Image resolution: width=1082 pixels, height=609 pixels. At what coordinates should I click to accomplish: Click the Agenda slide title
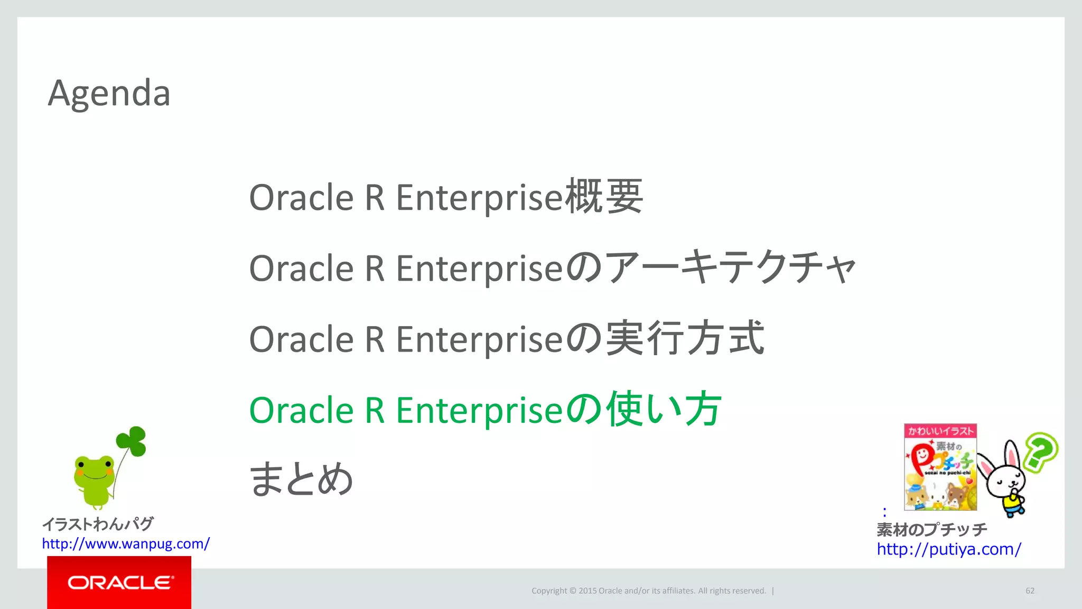[109, 93]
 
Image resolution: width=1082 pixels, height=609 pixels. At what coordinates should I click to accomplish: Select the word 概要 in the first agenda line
[604, 197]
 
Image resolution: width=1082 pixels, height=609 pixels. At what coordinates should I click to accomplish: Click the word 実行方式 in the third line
[685, 338]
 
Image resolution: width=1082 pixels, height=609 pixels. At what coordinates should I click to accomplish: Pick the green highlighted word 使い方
[664, 409]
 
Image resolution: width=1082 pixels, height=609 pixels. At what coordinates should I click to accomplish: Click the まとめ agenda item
[301, 479]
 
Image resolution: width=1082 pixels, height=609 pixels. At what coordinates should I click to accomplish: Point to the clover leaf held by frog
[132, 441]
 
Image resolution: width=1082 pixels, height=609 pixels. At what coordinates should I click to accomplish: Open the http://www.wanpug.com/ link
[126, 543]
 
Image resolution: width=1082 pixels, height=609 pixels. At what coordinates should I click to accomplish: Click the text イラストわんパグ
[98, 524]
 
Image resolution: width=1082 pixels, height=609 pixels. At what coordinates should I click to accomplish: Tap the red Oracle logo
[119, 582]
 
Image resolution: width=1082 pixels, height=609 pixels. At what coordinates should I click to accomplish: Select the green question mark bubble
[1041, 451]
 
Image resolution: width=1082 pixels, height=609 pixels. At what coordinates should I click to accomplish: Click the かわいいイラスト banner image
[940, 467]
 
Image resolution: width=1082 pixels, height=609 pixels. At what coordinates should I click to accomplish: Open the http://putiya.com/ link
[949, 549]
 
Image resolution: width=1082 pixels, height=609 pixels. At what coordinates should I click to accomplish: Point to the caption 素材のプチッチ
[931, 529]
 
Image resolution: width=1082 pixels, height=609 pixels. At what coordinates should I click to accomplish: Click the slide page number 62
[1030, 590]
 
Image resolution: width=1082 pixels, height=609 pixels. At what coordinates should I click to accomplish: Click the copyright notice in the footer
[648, 590]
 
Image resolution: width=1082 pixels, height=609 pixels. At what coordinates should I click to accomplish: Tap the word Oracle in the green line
[301, 410]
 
